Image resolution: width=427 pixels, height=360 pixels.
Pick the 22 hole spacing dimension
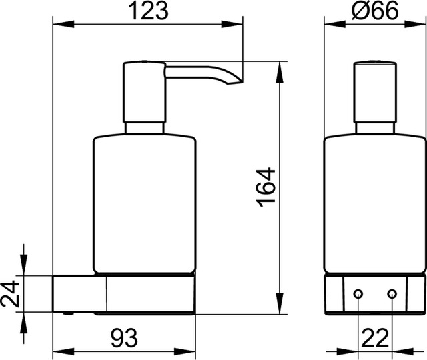(374, 337)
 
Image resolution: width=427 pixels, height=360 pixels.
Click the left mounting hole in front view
(358, 294)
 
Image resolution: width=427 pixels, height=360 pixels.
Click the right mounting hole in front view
(391, 294)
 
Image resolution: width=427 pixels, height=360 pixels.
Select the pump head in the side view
(144, 92)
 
